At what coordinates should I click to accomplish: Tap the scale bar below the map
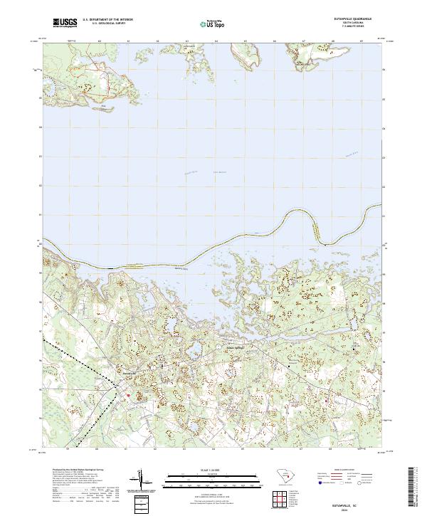click(x=213, y=477)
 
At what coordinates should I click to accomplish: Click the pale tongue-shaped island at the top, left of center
click(x=174, y=52)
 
